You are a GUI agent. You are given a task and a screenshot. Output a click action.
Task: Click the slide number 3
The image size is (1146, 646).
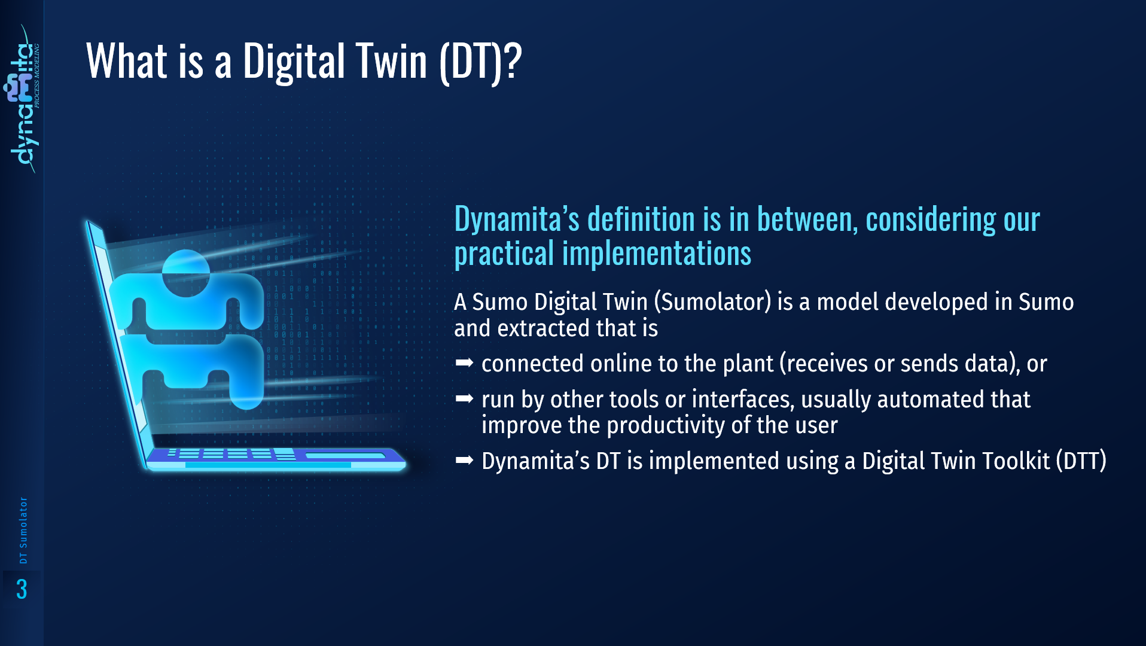[x=22, y=589]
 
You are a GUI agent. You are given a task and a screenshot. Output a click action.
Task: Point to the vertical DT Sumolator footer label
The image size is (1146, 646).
[x=23, y=530]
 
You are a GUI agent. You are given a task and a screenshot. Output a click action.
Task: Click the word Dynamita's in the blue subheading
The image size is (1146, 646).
[x=517, y=220]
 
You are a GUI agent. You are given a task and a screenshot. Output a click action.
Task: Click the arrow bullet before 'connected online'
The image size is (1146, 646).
[x=464, y=362]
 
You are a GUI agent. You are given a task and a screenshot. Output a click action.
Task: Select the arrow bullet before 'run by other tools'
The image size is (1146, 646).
[x=464, y=398]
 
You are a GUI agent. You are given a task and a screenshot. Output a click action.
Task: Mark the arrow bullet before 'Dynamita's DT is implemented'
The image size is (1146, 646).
[x=464, y=460]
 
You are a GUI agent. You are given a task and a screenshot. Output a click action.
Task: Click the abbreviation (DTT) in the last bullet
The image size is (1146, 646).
[x=1081, y=461]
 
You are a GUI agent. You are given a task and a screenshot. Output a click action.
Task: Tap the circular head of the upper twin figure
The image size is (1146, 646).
[x=185, y=273]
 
